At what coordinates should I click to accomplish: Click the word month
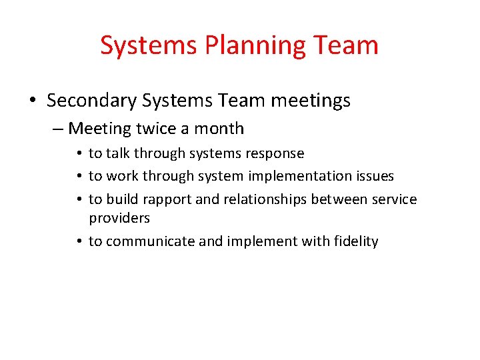(x=219, y=129)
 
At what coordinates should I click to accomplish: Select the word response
(x=275, y=154)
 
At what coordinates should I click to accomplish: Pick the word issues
(x=376, y=176)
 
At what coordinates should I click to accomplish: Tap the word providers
(x=119, y=218)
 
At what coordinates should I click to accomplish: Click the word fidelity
(x=355, y=241)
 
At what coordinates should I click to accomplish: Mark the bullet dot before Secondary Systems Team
(x=33, y=101)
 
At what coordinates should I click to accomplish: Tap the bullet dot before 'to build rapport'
(x=79, y=199)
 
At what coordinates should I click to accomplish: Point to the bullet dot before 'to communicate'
(x=79, y=241)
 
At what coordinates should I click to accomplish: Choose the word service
(x=394, y=199)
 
